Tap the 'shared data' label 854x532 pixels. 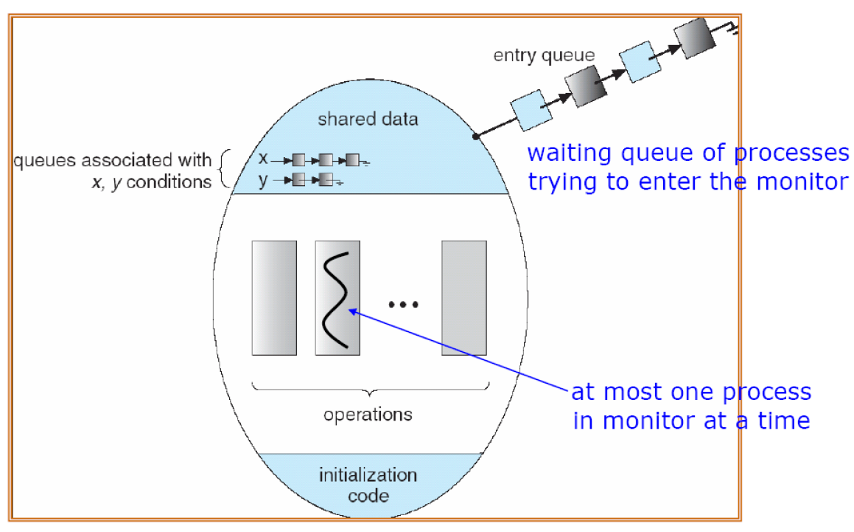point(368,119)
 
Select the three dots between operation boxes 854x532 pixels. point(403,304)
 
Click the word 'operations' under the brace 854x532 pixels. point(368,414)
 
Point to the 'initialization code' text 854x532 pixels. point(368,484)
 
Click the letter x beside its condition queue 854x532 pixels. point(263,158)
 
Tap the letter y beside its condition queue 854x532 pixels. point(263,179)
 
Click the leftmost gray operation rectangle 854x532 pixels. point(274,298)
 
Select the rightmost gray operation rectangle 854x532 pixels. point(463,298)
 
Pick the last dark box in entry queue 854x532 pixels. point(694,38)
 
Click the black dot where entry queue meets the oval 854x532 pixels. point(476,137)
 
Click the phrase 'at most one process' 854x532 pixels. point(691,392)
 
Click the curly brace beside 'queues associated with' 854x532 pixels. point(224,169)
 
